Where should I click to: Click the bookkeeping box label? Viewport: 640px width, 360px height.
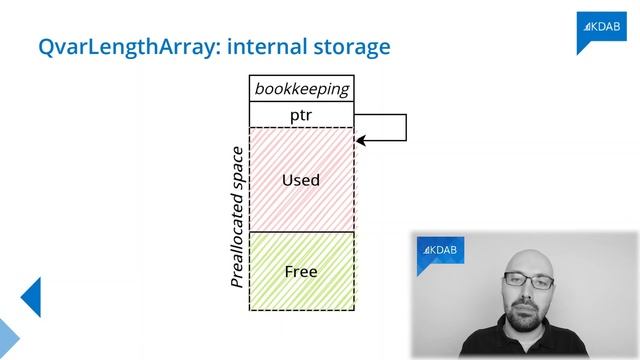pyautogui.click(x=301, y=89)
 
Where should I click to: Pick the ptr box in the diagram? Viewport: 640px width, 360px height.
pyautogui.click(x=301, y=115)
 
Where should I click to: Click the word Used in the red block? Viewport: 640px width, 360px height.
pyautogui.click(x=301, y=180)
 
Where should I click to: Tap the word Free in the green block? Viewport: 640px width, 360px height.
pyautogui.click(x=301, y=271)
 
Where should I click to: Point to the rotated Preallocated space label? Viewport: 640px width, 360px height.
pyautogui.click(x=237, y=218)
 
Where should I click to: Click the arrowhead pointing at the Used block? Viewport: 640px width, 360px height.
pyautogui.click(x=360, y=140)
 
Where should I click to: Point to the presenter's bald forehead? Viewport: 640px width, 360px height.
pyautogui.click(x=528, y=263)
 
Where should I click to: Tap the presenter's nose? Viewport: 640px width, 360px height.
pyautogui.click(x=528, y=296)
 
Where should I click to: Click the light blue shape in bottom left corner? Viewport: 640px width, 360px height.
pyautogui.click(x=8, y=340)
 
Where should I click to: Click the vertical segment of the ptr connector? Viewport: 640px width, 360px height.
pyautogui.click(x=406, y=127)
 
